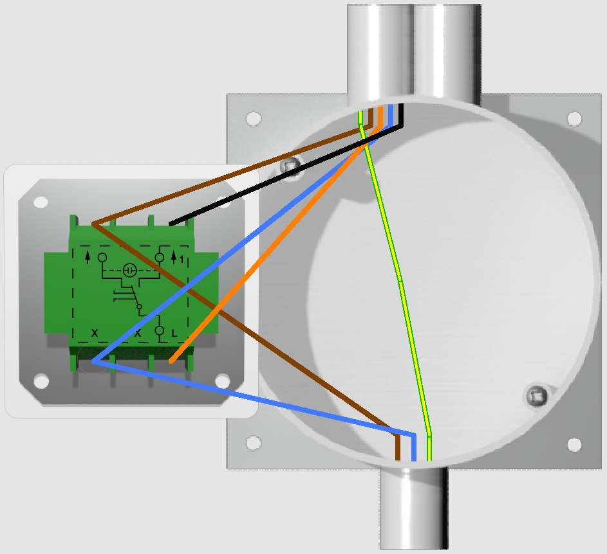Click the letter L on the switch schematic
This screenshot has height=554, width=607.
click(x=174, y=334)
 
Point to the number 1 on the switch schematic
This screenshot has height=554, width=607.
click(x=182, y=260)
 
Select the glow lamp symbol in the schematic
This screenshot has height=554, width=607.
click(x=129, y=270)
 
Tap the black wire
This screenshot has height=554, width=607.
click(x=286, y=175)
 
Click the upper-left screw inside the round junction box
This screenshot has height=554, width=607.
click(x=290, y=166)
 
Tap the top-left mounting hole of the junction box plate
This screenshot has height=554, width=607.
click(x=254, y=119)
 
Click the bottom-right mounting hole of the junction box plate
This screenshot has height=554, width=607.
click(x=574, y=445)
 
